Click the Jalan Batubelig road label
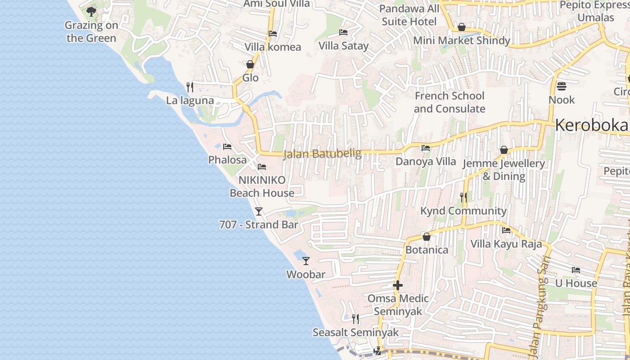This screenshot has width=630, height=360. pyautogui.click(x=322, y=154)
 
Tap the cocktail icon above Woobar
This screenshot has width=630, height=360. pyautogui.click(x=306, y=261)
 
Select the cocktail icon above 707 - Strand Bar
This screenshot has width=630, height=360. pyautogui.click(x=259, y=211)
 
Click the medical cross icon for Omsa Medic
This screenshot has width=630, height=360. pyautogui.click(x=397, y=285)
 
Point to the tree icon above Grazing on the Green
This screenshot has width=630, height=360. pyautogui.click(x=91, y=11)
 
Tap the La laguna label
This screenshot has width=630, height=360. pyautogui.click(x=190, y=100)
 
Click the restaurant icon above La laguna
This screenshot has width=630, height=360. pyautogui.click(x=190, y=87)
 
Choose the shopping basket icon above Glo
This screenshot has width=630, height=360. pyautogui.click(x=250, y=64)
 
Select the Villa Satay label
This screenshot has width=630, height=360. pyautogui.click(x=343, y=46)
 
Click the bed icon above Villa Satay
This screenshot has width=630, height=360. pyautogui.click(x=343, y=32)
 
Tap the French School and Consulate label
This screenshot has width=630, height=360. pyautogui.click(x=450, y=102)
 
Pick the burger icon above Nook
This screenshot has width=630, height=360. pyautogui.click(x=562, y=86)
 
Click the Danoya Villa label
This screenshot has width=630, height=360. pyautogui.click(x=426, y=161)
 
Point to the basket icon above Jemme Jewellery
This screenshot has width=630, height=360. pyautogui.click(x=504, y=150)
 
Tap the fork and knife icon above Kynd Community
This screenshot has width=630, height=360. pyautogui.click(x=463, y=197)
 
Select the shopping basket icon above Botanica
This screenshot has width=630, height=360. pyautogui.click(x=427, y=236)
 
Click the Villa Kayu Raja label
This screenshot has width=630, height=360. pyautogui.click(x=506, y=244)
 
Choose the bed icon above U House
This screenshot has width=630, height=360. pyautogui.click(x=576, y=270)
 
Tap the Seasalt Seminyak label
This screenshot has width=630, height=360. pyautogui.click(x=355, y=333)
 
